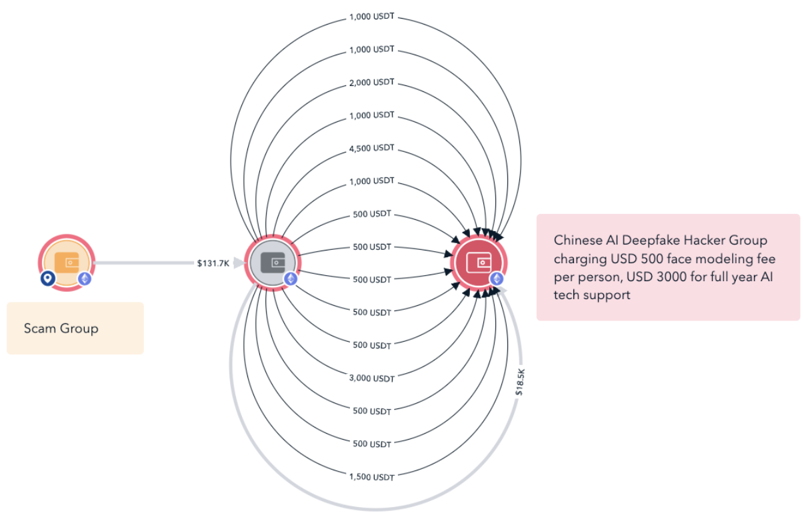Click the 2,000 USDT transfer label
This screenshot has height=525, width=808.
[371, 82]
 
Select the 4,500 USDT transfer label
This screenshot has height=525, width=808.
[371, 148]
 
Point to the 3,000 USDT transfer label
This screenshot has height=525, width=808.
[371, 378]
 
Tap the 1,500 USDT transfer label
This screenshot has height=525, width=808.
[371, 477]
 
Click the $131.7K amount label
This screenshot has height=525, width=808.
[213, 263]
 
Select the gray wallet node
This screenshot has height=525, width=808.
[273, 262]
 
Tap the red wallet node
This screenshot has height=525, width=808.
[479, 262]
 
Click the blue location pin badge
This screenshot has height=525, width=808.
[47, 278]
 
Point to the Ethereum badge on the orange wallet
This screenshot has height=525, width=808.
[84, 278]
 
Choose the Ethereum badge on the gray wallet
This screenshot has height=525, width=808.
[291, 278]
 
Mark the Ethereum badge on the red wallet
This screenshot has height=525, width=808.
[497, 278]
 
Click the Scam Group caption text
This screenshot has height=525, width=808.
[61, 328]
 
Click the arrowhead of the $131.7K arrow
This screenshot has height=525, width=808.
[239, 263]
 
